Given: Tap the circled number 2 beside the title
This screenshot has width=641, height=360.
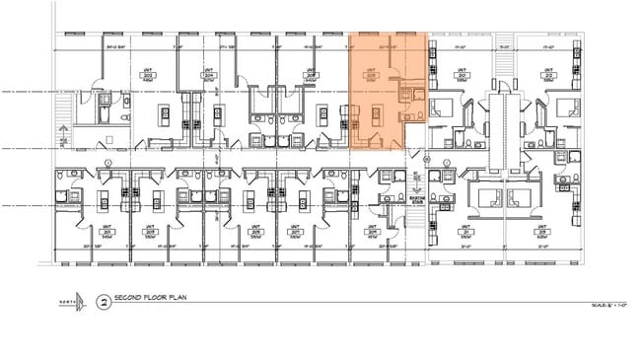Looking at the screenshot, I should coord(105,300).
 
